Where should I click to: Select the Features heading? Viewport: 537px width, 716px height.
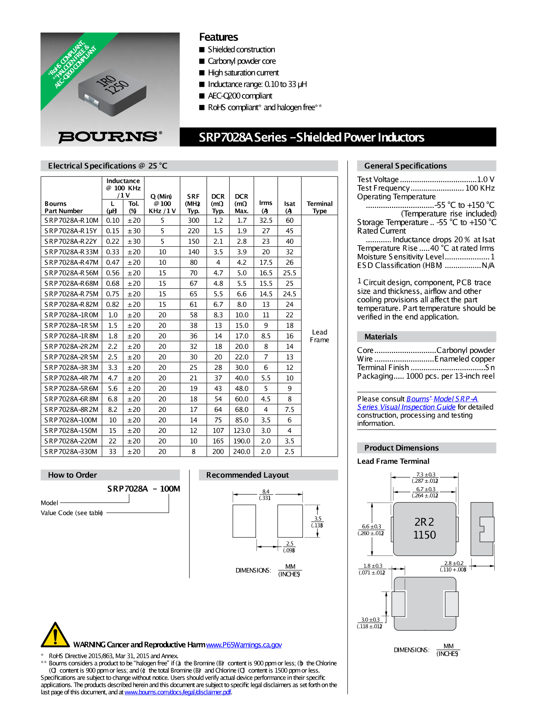218,37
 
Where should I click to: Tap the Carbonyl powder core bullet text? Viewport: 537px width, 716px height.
242,61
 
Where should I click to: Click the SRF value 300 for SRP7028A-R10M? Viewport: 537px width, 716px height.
193,221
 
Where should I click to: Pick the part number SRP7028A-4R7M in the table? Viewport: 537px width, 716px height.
71,378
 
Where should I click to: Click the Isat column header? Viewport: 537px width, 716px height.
289,207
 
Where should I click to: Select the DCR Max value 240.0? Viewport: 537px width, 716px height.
242,452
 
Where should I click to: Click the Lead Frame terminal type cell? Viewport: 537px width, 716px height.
319,336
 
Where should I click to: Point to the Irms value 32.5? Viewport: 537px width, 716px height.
266,221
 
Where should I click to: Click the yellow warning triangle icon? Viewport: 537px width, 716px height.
55,635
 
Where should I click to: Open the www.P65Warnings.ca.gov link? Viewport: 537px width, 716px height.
244,645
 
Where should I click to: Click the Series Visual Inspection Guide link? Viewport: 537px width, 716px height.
406,407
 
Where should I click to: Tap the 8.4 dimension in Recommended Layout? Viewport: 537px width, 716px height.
266,491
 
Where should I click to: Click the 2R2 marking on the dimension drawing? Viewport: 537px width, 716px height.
424,522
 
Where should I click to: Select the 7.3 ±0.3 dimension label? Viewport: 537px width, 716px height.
426,474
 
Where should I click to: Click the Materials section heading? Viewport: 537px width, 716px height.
381,337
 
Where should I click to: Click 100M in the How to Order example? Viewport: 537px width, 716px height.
170,489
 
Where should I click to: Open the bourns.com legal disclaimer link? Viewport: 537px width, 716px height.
178,692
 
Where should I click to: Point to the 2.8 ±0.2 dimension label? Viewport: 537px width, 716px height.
453,563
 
